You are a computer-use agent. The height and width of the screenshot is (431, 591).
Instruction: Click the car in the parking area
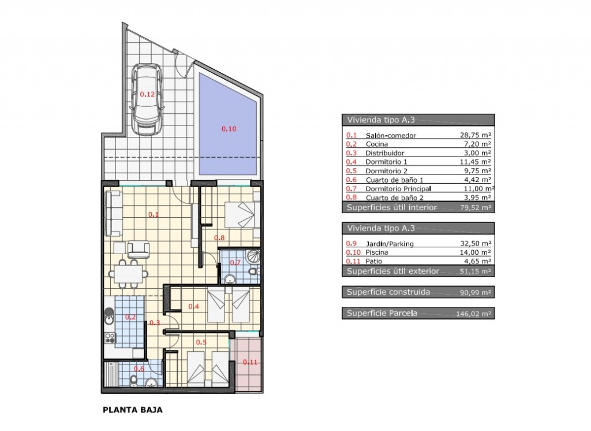click(147, 99)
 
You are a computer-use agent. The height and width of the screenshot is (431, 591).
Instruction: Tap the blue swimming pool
click(228, 124)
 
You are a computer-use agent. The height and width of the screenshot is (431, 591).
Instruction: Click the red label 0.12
click(147, 94)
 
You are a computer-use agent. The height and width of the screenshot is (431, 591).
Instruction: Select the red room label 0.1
click(154, 215)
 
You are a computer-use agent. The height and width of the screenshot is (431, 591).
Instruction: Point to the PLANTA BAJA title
click(133, 410)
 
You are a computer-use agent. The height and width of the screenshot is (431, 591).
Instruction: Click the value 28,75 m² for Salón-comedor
click(476, 135)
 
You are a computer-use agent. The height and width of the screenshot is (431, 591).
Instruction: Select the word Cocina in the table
click(376, 144)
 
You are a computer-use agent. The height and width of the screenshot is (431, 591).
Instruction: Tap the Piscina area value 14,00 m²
click(476, 252)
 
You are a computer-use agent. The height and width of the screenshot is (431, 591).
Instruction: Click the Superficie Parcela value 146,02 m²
click(473, 314)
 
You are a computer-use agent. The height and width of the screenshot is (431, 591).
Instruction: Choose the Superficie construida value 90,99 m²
click(476, 292)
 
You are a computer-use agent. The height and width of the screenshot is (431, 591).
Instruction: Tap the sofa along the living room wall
click(114, 213)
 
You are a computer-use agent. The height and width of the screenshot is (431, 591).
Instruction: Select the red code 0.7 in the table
click(351, 188)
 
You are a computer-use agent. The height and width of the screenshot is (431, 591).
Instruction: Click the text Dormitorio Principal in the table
click(398, 189)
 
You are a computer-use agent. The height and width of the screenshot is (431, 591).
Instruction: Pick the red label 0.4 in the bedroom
click(194, 306)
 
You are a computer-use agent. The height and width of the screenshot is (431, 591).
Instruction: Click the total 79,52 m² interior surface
click(476, 207)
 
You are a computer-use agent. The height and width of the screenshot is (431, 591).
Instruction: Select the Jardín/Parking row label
click(390, 244)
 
